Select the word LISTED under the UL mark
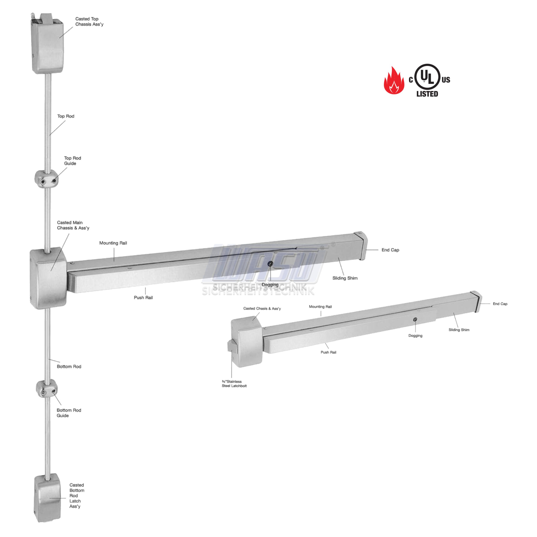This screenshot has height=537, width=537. click(427, 94)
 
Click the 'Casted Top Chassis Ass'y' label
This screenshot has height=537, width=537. click(89, 21)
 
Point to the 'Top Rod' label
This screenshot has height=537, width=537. click(66, 116)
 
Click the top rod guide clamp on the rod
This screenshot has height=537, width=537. click(47, 179)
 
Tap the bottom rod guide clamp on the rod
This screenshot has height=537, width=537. click(47, 388)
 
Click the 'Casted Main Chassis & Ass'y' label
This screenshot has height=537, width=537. click(73, 225)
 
